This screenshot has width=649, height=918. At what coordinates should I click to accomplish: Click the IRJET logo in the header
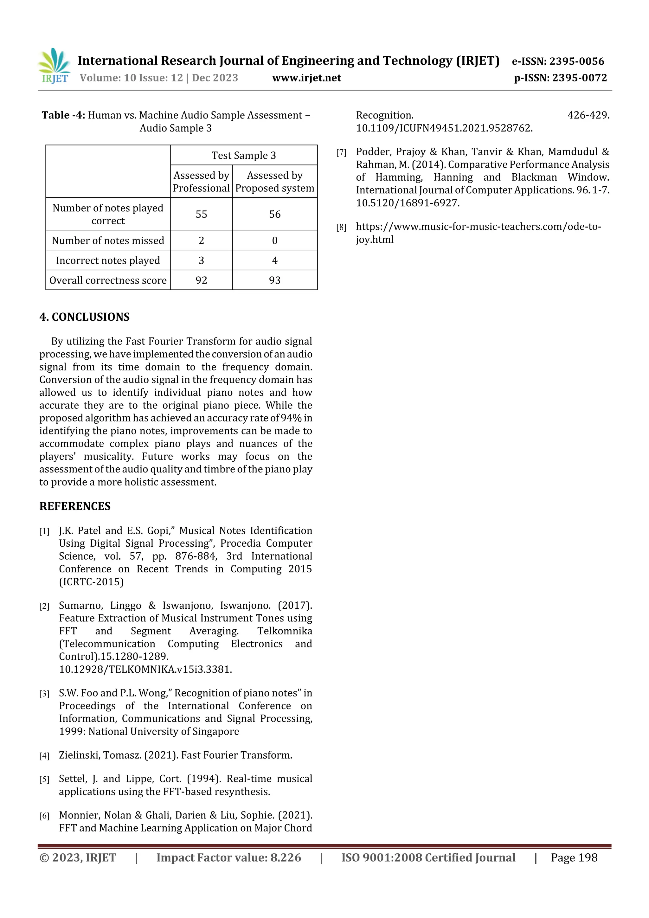(54, 66)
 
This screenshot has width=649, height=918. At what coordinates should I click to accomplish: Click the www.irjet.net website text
(306, 78)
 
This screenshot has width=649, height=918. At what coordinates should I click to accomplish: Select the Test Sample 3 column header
(243, 155)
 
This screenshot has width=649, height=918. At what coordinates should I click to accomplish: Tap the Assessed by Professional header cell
(201, 182)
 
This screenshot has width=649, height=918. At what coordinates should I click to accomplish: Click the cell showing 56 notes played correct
(275, 214)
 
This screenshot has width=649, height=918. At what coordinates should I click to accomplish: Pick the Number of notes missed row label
(108, 240)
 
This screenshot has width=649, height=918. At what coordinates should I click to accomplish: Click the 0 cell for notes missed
(275, 240)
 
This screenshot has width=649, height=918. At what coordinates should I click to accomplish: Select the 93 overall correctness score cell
(275, 280)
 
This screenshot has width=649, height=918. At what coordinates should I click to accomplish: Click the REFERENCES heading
(75, 506)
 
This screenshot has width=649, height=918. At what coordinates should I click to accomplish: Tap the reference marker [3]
(44, 694)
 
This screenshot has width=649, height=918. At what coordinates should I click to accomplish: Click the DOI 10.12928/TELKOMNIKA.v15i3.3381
(145, 669)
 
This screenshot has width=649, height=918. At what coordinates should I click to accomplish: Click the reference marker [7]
(341, 153)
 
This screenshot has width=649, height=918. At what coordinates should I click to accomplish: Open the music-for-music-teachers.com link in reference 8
(478, 227)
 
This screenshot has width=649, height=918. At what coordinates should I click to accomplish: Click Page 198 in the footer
(574, 857)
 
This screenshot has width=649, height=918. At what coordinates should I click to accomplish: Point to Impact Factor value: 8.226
(228, 857)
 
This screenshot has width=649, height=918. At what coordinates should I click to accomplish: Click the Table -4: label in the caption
(63, 115)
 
